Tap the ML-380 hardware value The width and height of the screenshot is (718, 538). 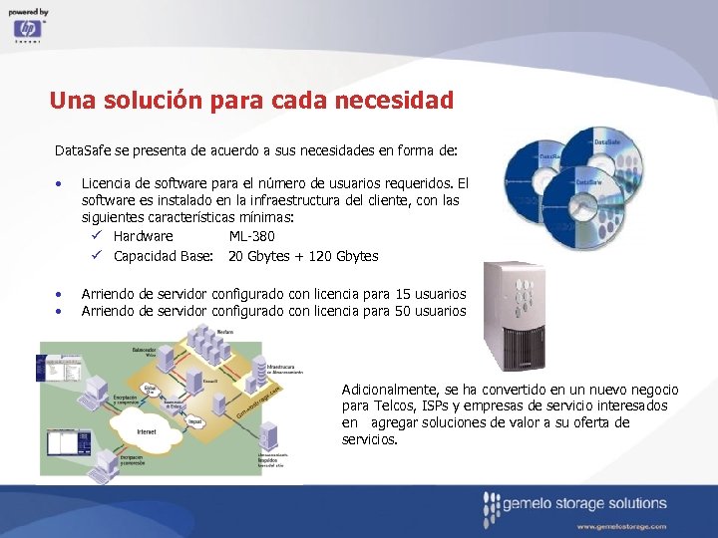pos(251,236)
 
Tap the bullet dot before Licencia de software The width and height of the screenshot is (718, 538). pos(61,184)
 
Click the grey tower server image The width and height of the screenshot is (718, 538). pos(520,315)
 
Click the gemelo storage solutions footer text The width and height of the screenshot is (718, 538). pos(585,503)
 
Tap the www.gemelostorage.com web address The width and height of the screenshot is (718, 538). pos(620,525)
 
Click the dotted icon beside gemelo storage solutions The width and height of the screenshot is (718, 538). pos(490,509)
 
